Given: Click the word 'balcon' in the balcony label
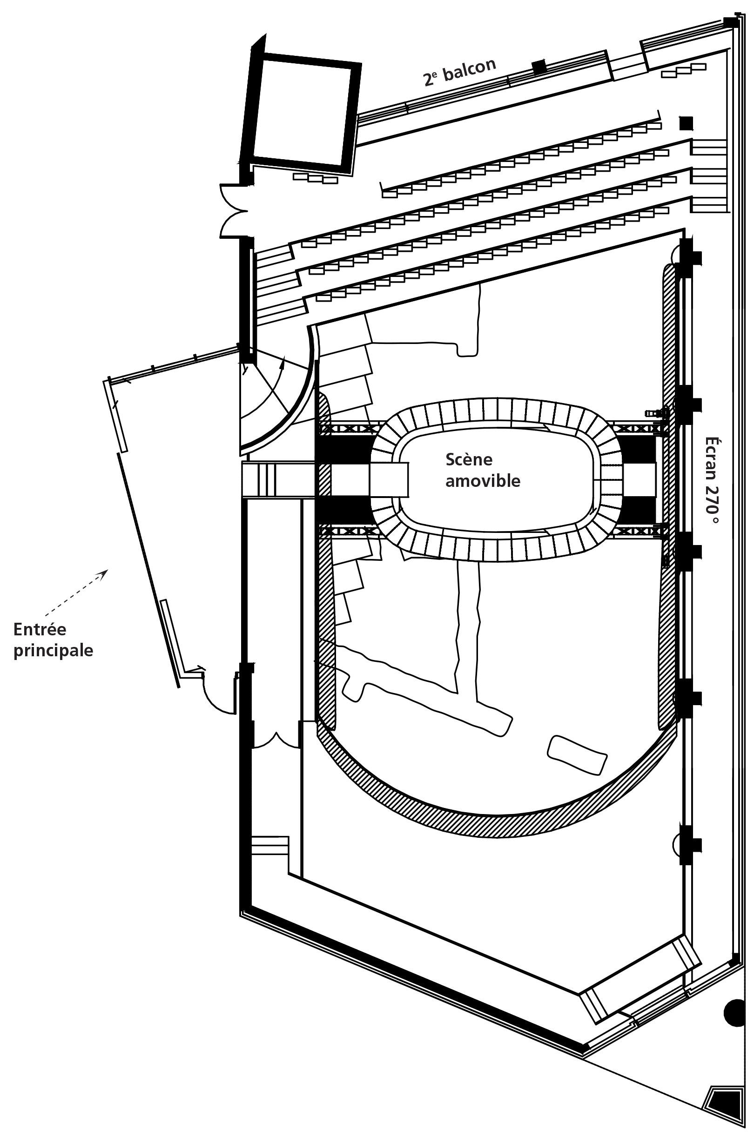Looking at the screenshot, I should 469,70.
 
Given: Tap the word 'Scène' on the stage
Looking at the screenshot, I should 469,460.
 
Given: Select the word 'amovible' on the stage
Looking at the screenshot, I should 482,481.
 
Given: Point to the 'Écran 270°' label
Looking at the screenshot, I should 712,481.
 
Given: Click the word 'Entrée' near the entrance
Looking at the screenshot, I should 40,629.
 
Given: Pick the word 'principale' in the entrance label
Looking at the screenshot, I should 53,651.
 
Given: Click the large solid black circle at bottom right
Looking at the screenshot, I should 735,1013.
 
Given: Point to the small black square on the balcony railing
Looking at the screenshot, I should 539,67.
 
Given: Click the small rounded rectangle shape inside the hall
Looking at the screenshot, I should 577,755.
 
